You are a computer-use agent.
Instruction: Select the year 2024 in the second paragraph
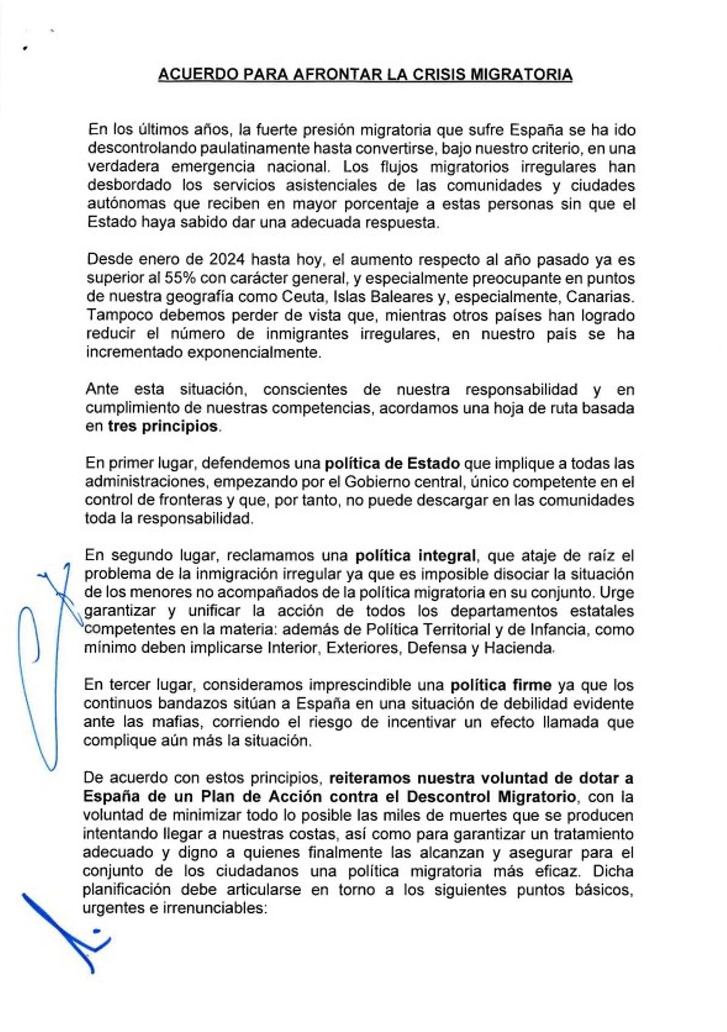227,259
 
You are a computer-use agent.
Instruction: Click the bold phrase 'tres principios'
162,426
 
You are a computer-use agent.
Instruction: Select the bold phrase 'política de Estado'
392,464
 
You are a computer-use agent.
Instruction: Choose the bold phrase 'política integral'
416,556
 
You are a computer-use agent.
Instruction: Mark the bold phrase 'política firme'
500,685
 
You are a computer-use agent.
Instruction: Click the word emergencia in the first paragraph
213,167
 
